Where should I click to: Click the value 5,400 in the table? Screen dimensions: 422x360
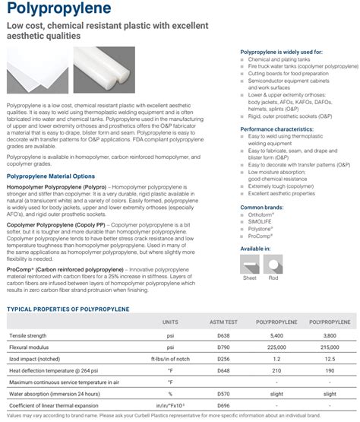pos(276,335)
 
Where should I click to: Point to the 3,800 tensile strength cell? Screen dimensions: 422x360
pos(329,335)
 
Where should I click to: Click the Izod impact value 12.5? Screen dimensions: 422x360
pos(329,358)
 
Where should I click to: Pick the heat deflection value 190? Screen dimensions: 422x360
pos(329,370)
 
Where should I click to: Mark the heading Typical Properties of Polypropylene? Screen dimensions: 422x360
pos(68,309)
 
